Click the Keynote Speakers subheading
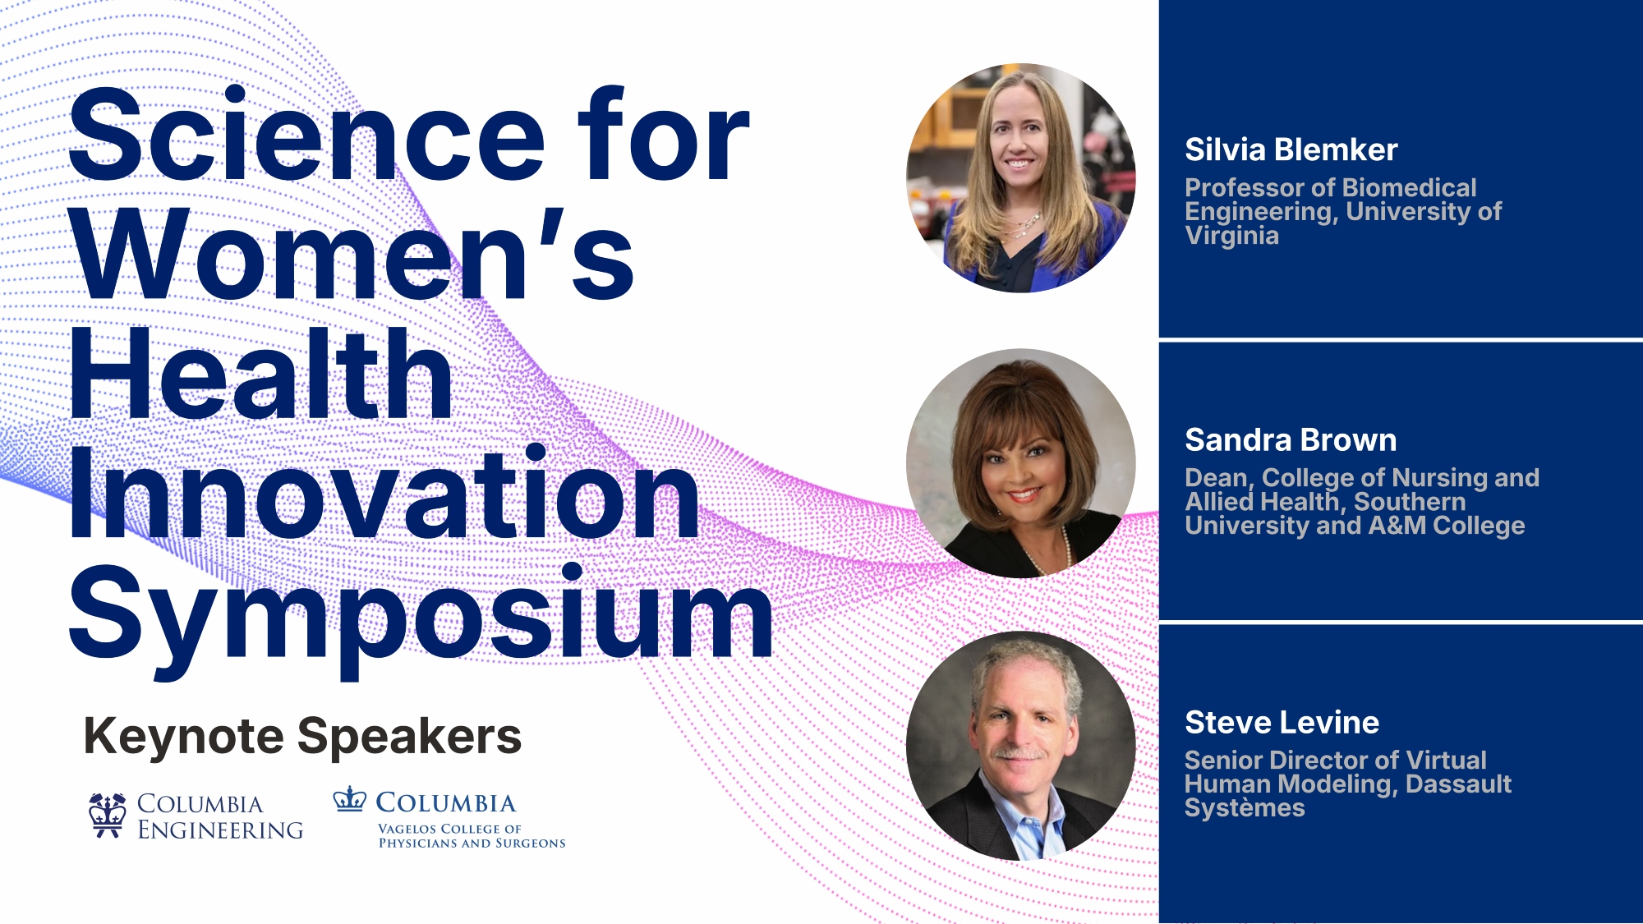302,736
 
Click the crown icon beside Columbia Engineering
108,815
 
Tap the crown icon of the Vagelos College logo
349,799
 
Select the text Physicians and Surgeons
472,843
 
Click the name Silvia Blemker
1291,149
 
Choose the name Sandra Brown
1291,440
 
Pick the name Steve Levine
1282,723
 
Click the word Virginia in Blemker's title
1231,236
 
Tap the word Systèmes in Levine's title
1245,808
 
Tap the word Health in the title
261,373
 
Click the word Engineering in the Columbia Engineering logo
220,830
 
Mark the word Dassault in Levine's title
1458,784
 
